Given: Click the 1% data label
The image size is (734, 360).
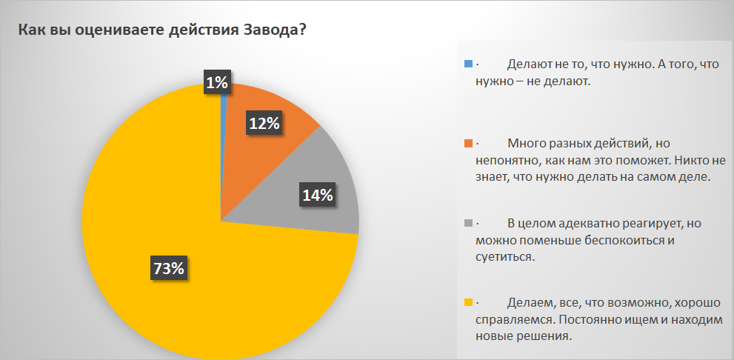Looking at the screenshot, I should click(x=217, y=84).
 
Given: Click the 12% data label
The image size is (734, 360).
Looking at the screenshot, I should click(x=264, y=124).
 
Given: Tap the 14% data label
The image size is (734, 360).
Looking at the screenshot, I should click(x=317, y=196).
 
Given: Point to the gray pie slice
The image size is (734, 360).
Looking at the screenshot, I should click(x=311, y=215).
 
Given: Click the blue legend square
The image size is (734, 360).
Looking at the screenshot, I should click(x=467, y=64).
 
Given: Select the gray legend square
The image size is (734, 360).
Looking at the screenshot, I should click(x=467, y=222).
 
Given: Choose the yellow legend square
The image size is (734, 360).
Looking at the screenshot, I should click(x=467, y=302).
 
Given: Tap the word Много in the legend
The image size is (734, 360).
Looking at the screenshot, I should click(x=526, y=143).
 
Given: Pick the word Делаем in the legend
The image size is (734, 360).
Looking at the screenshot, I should click(x=530, y=303).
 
